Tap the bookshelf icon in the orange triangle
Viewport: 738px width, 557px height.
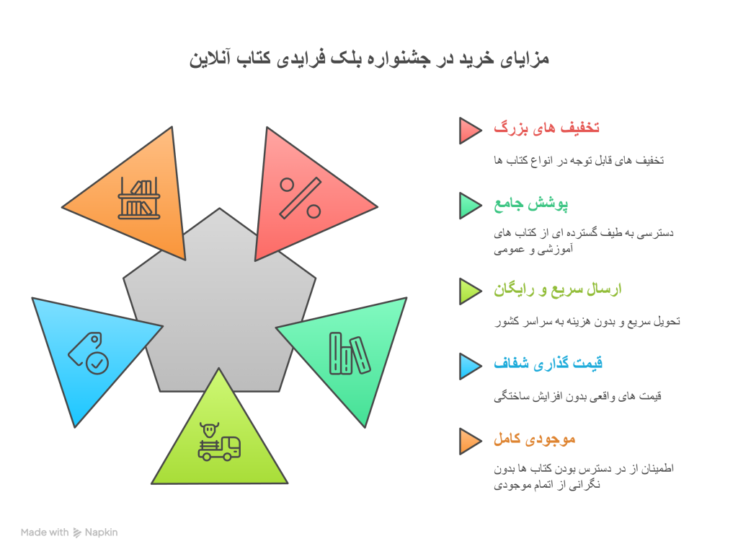(140, 198)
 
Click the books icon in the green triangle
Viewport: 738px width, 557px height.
(350, 354)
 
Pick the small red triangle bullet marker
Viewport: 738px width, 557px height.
(470, 130)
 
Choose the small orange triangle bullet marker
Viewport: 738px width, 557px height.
(470, 442)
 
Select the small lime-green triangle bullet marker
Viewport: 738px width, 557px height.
(470, 291)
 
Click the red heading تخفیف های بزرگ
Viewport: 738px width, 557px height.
(547, 128)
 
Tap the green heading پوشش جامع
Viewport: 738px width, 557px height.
(531, 204)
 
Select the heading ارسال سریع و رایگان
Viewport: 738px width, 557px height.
(558, 289)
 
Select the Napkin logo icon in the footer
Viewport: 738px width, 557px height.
(77, 532)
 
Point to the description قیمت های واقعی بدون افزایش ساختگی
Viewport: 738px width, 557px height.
(578, 396)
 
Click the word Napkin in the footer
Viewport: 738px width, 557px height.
(101, 532)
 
